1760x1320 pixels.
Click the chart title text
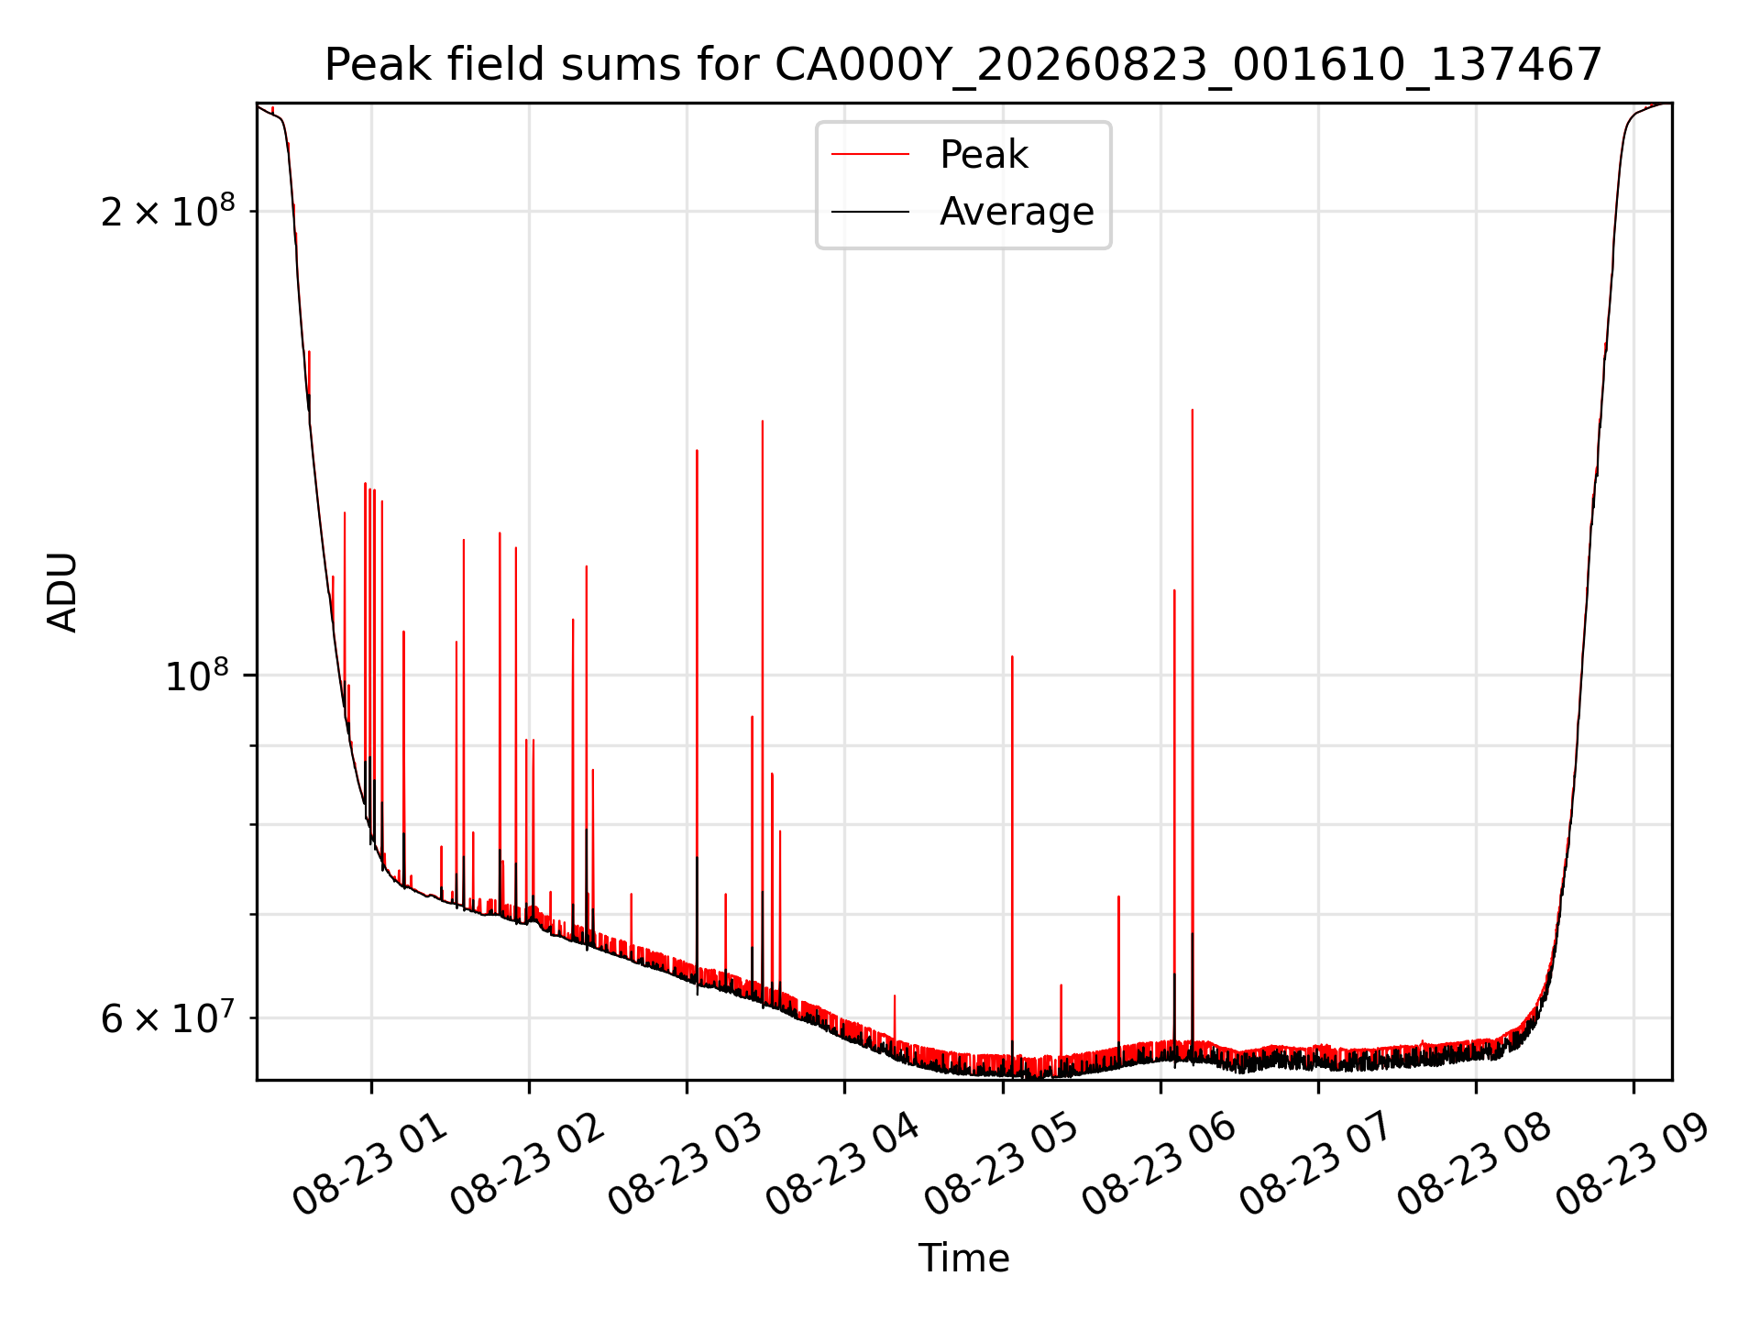tap(963, 65)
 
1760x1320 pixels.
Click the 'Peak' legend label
tap(984, 155)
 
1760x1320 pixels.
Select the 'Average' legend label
tap(1017, 212)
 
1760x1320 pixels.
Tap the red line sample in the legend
tap(870, 155)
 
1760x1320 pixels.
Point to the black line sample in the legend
tap(870, 212)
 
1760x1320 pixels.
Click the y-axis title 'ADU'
tap(62, 592)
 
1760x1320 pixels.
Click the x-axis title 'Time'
tap(963, 1259)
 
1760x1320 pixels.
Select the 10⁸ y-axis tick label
tap(196, 675)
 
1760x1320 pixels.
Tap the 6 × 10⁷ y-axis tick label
tap(167, 1017)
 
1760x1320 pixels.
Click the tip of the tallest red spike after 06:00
tap(1192, 410)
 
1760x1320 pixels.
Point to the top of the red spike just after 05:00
tap(1012, 656)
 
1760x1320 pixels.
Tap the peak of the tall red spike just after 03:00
tap(697, 450)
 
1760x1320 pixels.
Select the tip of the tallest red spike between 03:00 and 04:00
tap(762, 421)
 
